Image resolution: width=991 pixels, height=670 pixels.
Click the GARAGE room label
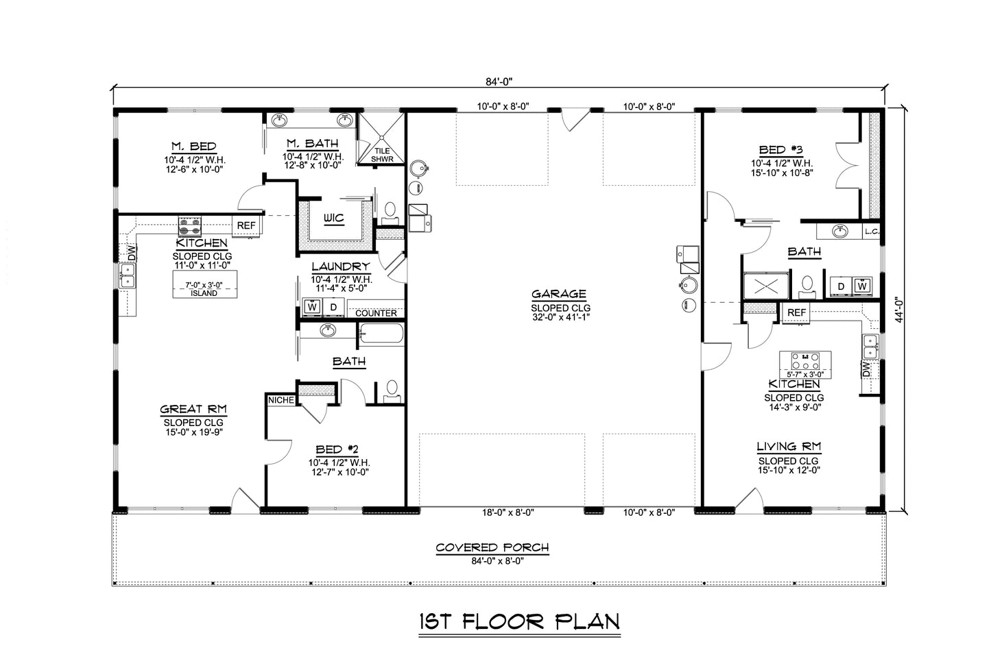pyautogui.click(x=559, y=295)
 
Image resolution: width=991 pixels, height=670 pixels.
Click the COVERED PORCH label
pyautogui.click(x=492, y=547)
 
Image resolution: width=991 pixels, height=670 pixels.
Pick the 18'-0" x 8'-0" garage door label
pyautogui.click(x=506, y=512)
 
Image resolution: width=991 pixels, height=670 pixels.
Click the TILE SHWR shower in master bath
pyautogui.click(x=381, y=154)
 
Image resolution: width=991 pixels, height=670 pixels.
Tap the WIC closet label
pyautogui.click(x=335, y=218)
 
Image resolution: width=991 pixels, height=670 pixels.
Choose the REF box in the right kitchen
pyautogui.click(x=796, y=313)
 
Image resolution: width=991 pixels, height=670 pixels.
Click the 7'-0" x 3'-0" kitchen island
pyautogui.click(x=204, y=288)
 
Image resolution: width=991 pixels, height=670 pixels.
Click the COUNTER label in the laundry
pyautogui.click(x=376, y=313)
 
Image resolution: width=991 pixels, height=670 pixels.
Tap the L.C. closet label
pyautogui.click(x=872, y=231)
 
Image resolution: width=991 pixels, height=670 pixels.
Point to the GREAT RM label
pyautogui.click(x=193, y=410)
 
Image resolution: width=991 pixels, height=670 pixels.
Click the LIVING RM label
pyautogui.click(x=789, y=447)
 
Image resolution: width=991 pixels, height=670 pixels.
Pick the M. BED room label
pyautogui.click(x=194, y=146)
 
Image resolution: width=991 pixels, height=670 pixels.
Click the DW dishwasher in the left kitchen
pyautogui.click(x=130, y=252)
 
